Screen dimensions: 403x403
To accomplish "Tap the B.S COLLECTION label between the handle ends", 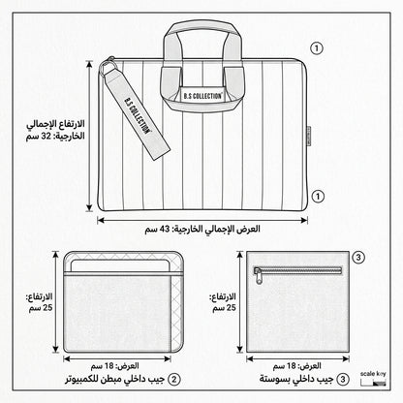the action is [x=202, y=96].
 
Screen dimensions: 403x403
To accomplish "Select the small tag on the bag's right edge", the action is [x=308, y=136].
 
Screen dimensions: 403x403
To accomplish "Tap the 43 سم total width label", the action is [x=202, y=229].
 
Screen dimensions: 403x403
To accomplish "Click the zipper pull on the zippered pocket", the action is [x=259, y=277].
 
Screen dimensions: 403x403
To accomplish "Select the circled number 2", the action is [x=174, y=379].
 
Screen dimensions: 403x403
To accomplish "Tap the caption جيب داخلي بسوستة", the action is [x=296, y=379].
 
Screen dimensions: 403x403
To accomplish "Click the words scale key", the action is [x=373, y=374].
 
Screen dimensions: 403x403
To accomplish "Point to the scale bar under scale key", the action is [x=373, y=383].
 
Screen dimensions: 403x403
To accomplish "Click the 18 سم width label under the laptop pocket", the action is [x=115, y=366].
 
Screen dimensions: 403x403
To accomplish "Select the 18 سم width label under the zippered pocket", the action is [x=297, y=366].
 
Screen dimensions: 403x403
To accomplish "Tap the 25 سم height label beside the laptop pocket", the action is [x=40, y=302].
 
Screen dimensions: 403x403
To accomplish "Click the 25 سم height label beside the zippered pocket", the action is [x=224, y=302].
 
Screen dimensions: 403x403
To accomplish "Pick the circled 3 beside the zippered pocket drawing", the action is [x=358, y=258].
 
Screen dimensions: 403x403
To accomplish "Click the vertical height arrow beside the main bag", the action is [x=89, y=136].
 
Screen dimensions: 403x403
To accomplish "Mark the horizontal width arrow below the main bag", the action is [x=202, y=220].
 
